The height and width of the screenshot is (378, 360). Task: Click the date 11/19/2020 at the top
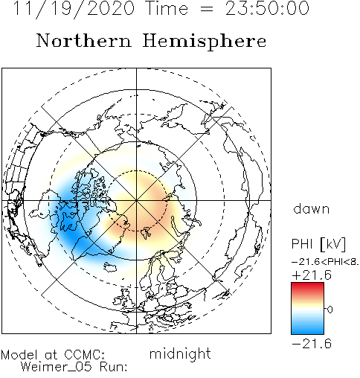pos(74,8)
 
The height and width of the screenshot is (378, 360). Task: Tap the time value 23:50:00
pos(267,8)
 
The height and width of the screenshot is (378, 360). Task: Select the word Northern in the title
pos(84,41)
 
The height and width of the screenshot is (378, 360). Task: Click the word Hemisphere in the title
pos(205,42)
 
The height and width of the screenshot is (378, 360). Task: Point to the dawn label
pos(312,209)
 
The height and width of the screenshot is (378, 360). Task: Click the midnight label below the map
pos(180,354)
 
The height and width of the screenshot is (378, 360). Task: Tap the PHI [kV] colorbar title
pos(318,244)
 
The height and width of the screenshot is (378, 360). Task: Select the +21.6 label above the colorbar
pos(312,275)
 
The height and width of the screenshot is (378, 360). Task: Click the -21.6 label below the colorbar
pos(312,344)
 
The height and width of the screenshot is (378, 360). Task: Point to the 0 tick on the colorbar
pos(330,310)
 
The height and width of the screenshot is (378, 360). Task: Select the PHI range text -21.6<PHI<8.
pos(325,262)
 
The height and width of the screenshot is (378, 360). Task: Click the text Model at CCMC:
pos(53,355)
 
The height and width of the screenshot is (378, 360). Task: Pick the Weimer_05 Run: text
pos(74,367)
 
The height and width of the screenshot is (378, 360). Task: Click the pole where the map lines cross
pos(136,200)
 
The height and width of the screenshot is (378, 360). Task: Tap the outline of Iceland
pos(111,267)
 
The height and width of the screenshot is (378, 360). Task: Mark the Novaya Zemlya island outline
pos(176,225)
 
